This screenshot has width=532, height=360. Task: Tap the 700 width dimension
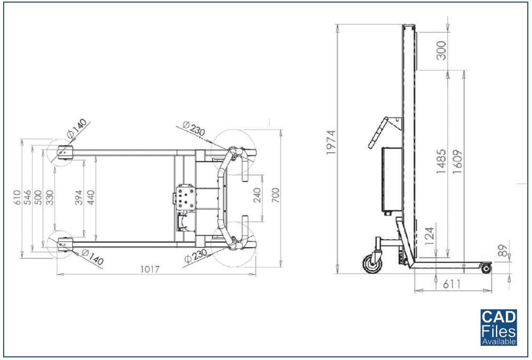275,195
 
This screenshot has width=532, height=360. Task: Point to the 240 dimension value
257,195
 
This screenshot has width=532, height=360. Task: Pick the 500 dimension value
39,197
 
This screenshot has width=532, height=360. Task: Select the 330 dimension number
50,197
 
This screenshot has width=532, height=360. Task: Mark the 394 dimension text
78,197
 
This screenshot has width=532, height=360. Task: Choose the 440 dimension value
91,197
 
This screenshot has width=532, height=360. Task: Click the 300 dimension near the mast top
442,50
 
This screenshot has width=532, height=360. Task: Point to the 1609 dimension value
456,162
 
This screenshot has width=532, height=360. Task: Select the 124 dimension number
430,236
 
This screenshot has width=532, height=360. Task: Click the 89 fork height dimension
503,250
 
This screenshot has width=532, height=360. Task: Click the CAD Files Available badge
499,328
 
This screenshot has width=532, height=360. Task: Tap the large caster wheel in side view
372,263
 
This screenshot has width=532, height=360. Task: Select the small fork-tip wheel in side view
486,269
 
